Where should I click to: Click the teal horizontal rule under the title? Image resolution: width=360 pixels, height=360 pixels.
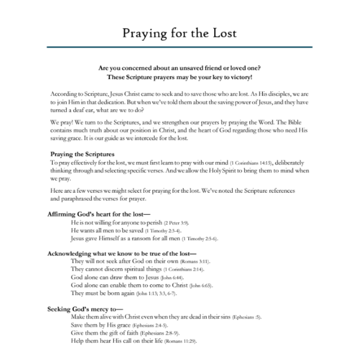[179, 47]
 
